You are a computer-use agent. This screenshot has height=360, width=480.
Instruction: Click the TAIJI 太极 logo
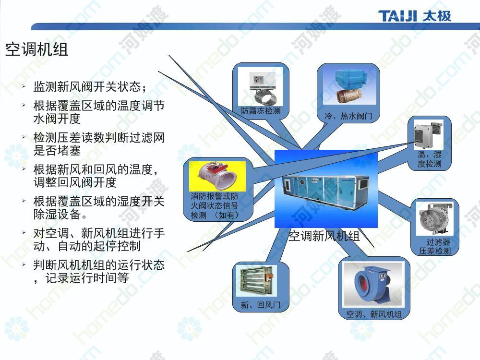(x=415, y=16)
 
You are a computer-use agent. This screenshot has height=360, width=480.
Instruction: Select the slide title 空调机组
(x=37, y=49)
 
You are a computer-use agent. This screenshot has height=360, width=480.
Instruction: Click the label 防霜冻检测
(x=261, y=110)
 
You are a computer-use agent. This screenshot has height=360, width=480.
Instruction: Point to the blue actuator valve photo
(x=349, y=86)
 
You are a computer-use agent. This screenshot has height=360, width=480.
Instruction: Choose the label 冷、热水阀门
(x=348, y=116)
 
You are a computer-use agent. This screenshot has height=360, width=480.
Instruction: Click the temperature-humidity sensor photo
(x=428, y=135)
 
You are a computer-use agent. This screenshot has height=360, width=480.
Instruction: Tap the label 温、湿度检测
(x=430, y=158)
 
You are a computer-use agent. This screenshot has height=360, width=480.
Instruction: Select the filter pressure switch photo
(x=434, y=218)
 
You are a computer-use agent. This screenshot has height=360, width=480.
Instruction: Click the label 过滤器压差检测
(x=435, y=247)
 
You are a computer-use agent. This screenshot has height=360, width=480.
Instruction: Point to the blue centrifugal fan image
(x=373, y=284)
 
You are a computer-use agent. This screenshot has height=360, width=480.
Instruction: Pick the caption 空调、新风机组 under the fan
(x=374, y=314)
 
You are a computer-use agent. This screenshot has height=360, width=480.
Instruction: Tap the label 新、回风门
(x=261, y=305)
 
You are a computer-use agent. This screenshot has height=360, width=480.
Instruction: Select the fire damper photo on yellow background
(x=217, y=176)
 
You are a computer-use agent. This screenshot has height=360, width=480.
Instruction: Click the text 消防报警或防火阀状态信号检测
(x=214, y=205)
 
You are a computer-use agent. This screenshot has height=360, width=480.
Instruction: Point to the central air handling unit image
(x=326, y=189)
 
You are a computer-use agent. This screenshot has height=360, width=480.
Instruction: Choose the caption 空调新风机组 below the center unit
(x=324, y=236)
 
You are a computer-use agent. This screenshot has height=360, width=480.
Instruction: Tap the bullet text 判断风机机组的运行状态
(x=99, y=265)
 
